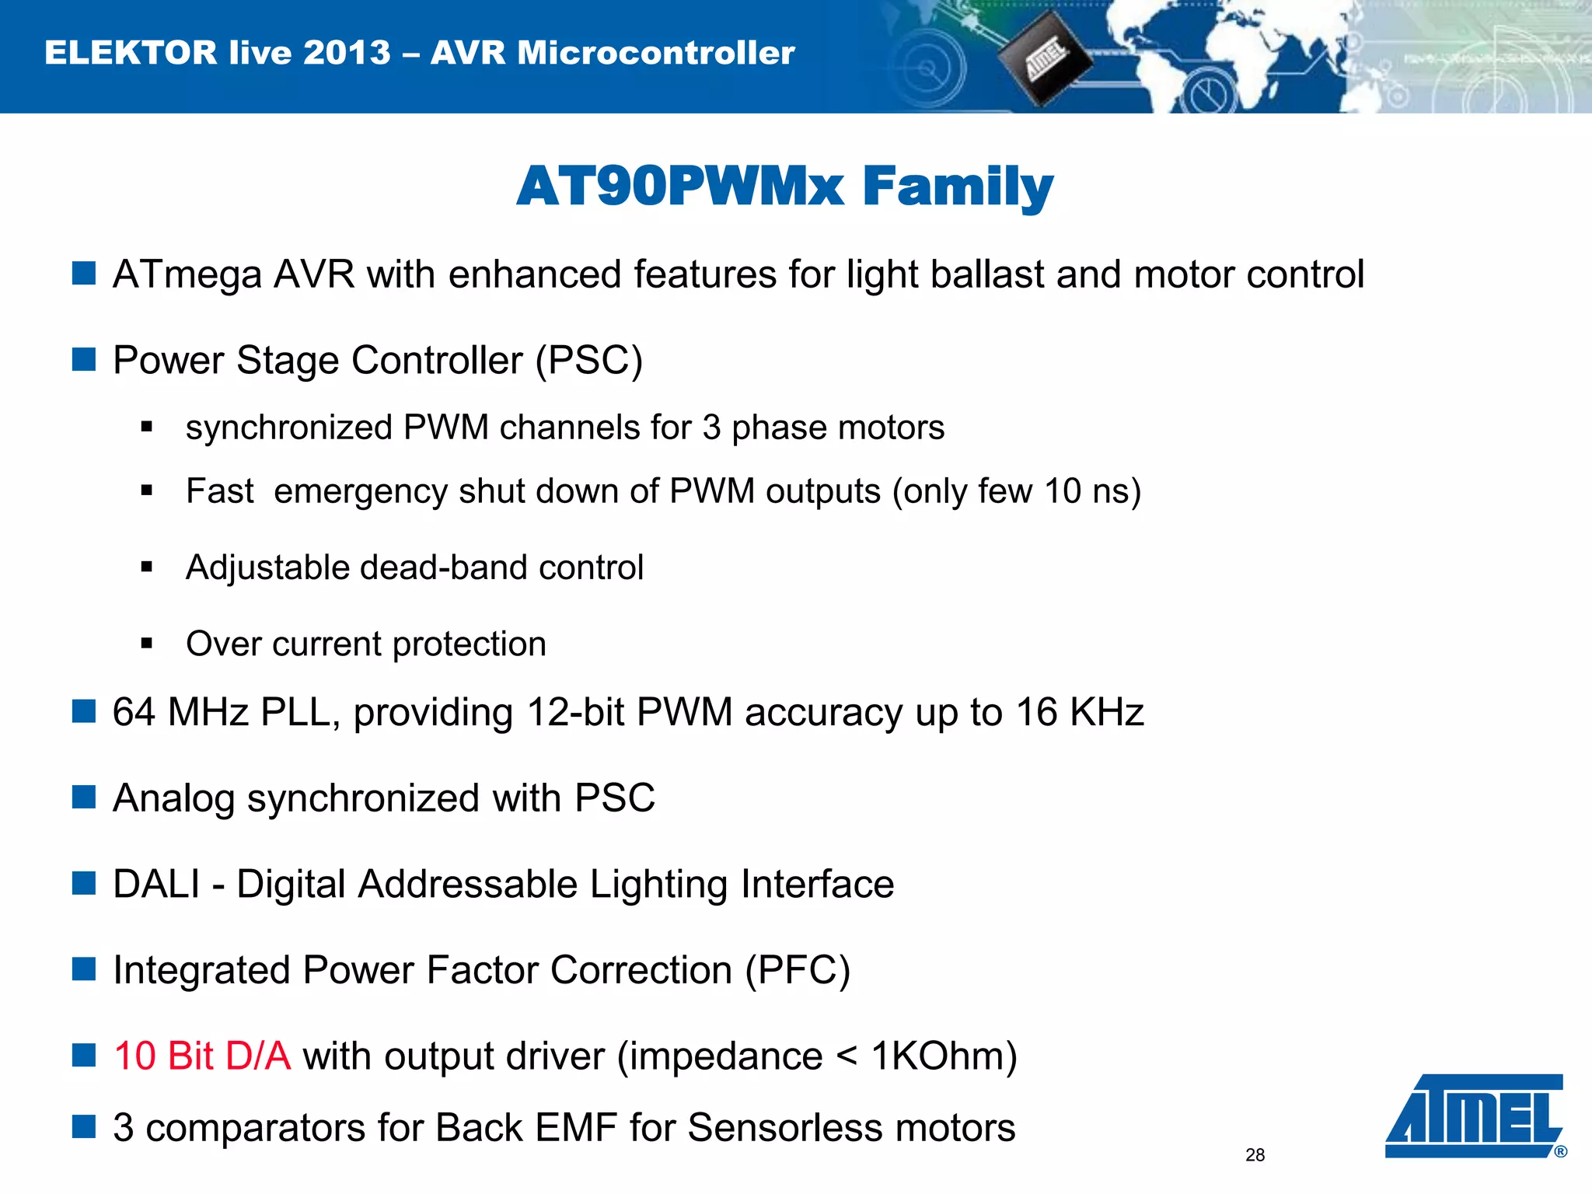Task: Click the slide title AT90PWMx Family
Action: tap(784, 187)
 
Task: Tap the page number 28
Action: tap(1255, 1155)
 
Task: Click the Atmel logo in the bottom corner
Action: tap(1475, 1116)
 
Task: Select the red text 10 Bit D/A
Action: tap(202, 1056)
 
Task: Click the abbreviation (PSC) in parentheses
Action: tap(588, 361)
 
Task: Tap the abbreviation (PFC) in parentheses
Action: tap(798, 970)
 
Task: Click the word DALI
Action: tap(156, 885)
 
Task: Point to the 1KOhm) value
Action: tap(944, 1056)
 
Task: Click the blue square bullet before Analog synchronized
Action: tap(83, 798)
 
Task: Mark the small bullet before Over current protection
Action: tap(146, 644)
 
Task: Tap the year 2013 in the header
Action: tap(346, 53)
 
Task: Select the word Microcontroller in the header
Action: tap(655, 53)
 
